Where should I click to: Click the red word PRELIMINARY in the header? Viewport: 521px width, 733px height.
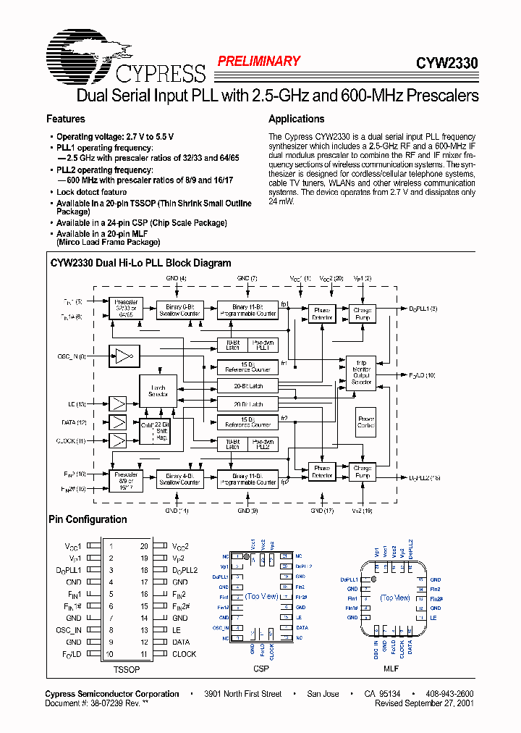pos(258,62)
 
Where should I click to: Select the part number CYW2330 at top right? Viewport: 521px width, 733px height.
pos(446,64)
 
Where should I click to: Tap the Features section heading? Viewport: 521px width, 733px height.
pos(66,119)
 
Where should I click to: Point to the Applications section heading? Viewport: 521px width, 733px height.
pos(296,119)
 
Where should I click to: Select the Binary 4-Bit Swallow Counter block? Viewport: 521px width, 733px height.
pos(178,478)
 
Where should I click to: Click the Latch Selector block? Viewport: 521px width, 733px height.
pos(158,391)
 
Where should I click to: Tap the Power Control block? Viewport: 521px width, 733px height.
pos(366,422)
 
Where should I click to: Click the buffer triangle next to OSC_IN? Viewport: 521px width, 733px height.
pos(125,356)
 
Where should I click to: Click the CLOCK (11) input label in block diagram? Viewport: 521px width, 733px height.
pos(71,440)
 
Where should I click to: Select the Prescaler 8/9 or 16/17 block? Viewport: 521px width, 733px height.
pos(125,478)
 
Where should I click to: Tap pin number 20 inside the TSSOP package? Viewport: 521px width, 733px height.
pos(145,546)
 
